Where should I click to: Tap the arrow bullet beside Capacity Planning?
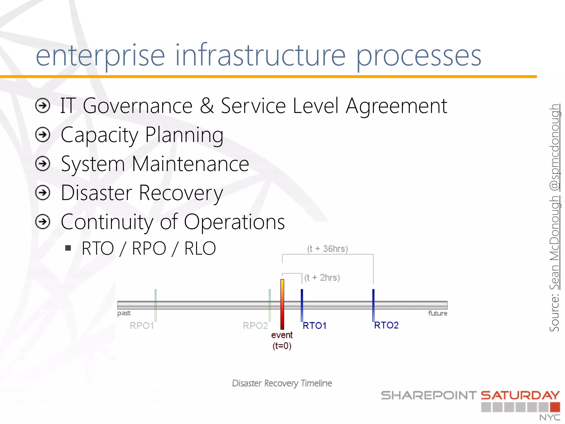click(43, 135)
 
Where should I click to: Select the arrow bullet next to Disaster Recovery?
click(43, 193)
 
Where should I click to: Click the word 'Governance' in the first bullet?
click(137, 106)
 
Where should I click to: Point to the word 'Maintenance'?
click(190, 164)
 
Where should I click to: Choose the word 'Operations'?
click(234, 222)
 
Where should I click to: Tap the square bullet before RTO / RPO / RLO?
click(68, 248)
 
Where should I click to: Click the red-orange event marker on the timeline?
click(282, 304)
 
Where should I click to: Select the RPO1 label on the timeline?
click(142, 326)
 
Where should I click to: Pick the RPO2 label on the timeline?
click(255, 326)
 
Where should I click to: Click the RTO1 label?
click(315, 326)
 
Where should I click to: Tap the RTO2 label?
click(386, 325)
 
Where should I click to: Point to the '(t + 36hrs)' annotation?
click(327, 249)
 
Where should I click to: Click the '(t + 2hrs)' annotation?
click(322, 277)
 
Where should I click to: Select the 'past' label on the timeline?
click(124, 313)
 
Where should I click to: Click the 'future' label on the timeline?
click(438, 313)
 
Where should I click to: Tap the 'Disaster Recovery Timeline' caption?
click(282, 383)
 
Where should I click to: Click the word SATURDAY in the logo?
click(520, 395)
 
